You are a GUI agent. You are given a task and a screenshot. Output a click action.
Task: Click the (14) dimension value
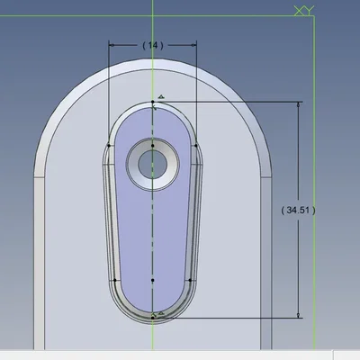click(x=153, y=45)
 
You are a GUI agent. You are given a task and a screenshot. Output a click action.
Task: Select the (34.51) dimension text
click(x=298, y=211)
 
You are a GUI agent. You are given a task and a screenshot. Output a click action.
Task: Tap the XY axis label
click(x=304, y=11)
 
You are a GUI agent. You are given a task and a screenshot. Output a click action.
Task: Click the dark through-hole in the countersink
click(x=152, y=164)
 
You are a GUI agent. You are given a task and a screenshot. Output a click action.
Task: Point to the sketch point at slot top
click(x=153, y=102)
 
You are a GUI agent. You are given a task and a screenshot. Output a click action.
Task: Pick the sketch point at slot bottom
click(x=153, y=318)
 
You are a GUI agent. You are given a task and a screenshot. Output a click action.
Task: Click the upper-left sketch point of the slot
click(x=109, y=146)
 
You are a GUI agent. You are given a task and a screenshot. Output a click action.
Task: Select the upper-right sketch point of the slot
click(x=196, y=146)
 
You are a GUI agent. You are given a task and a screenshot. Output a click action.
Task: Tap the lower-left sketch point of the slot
click(x=115, y=280)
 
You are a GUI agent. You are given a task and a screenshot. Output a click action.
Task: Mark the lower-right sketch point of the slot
click(x=190, y=280)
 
